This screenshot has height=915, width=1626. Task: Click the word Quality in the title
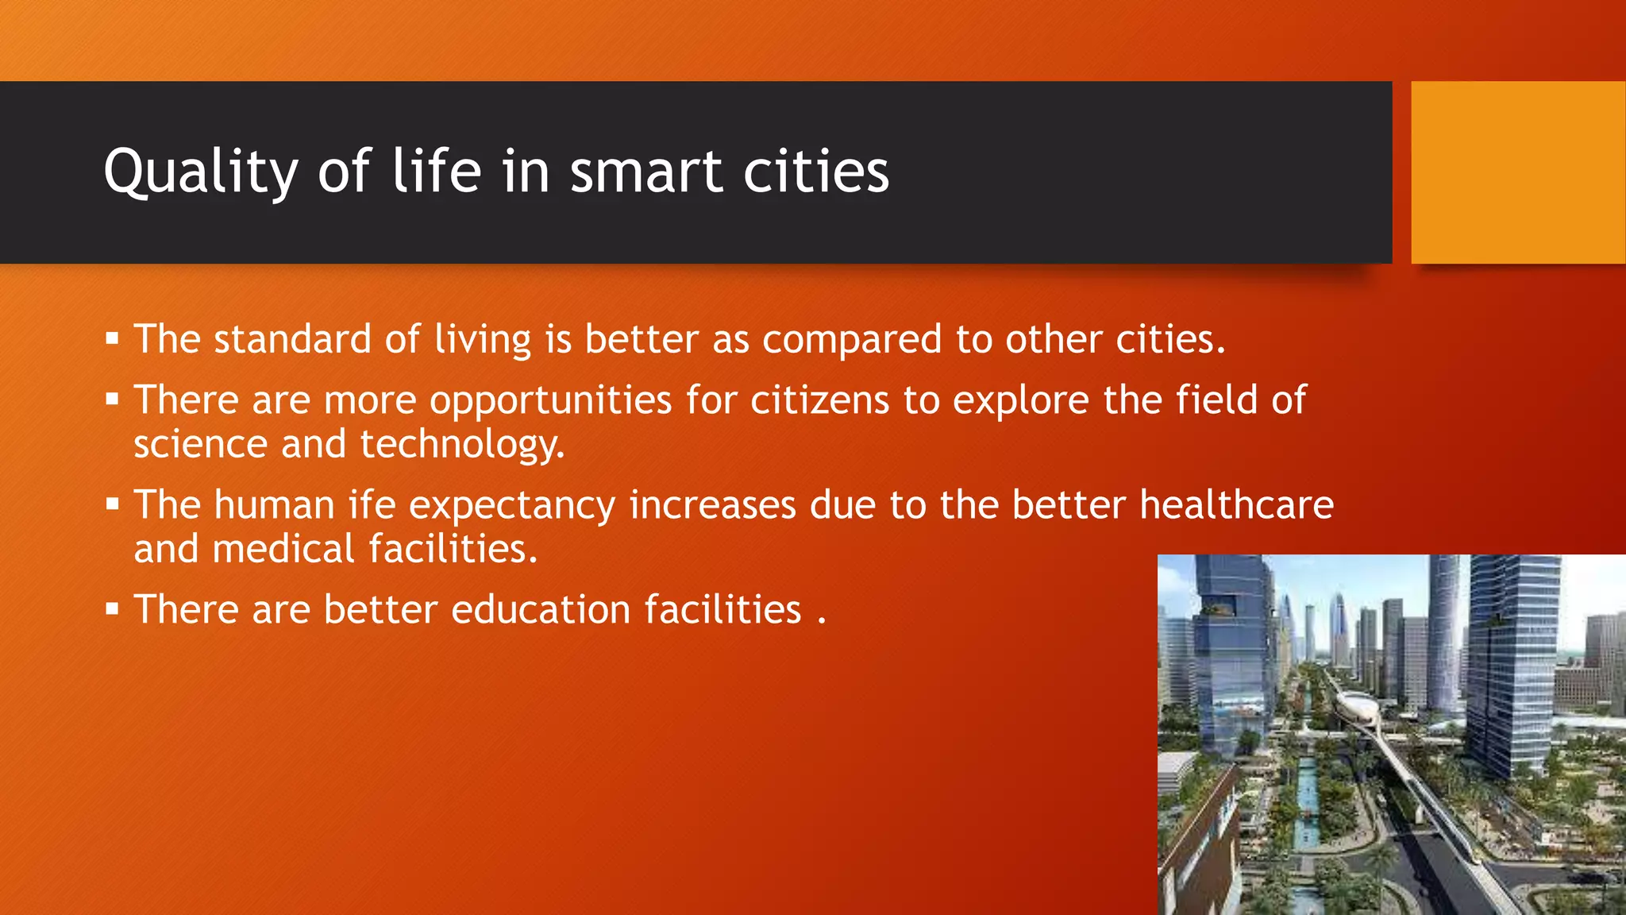click(200, 172)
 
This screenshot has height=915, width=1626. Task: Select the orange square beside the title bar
click(1517, 172)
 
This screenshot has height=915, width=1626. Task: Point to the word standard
click(292, 340)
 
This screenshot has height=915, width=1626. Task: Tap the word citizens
click(819, 400)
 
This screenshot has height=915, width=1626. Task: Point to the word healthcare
click(1236, 505)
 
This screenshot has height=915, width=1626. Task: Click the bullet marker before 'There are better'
click(112, 610)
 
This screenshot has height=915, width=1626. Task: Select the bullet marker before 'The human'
click(112, 504)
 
